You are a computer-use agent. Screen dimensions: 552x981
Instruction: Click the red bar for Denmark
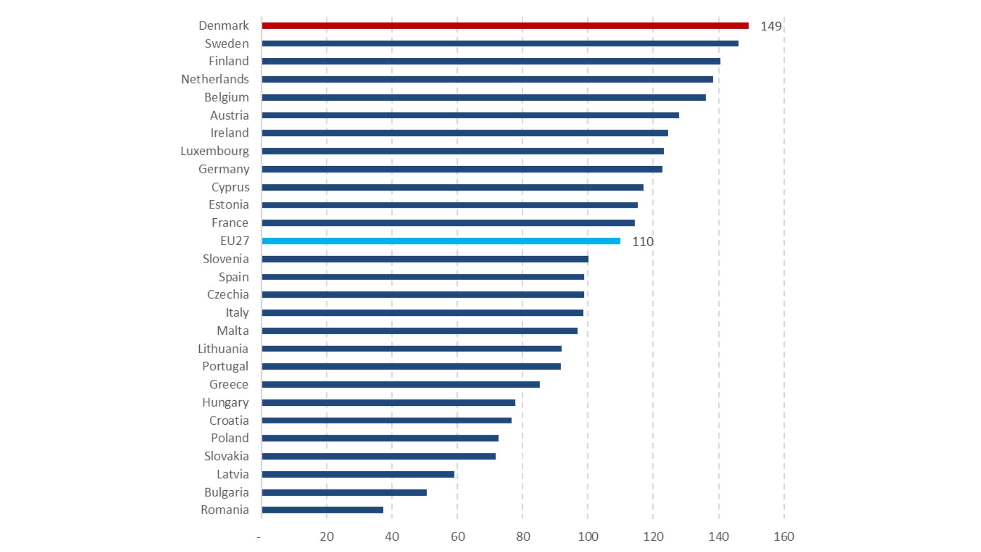pyautogui.click(x=505, y=26)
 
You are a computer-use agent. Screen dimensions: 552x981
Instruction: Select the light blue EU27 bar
pyautogui.click(x=440, y=241)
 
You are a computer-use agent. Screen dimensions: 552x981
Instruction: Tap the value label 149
pyautogui.click(x=770, y=26)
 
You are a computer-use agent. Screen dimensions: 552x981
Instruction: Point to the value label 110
pyautogui.click(x=642, y=241)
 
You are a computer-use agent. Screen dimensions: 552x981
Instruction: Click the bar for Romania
pyautogui.click(x=322, y=510)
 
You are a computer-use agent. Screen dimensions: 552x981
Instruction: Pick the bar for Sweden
pyautogui.click(x=500, y=43)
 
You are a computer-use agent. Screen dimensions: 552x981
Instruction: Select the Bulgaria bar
pyautogui.click(x=344, y=492)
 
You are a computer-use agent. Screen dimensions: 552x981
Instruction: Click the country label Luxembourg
pyautogui.click(x=215, y=151)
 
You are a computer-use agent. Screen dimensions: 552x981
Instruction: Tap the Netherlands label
pyautogui.click(x=215, y=79)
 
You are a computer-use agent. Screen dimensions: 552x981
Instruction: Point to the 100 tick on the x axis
pyautogui.click(x=588, y=536)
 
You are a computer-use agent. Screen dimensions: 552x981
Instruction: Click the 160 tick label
pyautogui.click(x=783, y=536)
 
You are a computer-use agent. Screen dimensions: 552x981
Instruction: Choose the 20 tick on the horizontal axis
pyautogui.click(x=326, y=536)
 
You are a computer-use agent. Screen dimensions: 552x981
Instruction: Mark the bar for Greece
pyautogui.click(x=401, y=384)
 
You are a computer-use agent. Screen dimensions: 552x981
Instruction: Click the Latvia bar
pyautogui.click(x=358, y=474)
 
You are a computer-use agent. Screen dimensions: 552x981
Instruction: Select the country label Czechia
pyautogui.click(x=227, y=294)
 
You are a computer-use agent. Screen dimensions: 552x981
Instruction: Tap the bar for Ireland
pyautogui.click(x=464, y=133)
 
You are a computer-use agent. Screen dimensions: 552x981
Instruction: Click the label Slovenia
pyautogui.click(x=225, y=259)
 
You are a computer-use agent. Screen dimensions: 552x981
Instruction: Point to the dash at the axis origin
pyautogui.click(x=259, y=537)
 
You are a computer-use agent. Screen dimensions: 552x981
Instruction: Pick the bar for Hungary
pyautogui.click(x=388, y=402)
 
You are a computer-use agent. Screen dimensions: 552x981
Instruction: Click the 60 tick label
pyautogui.click(x=457, y=536)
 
